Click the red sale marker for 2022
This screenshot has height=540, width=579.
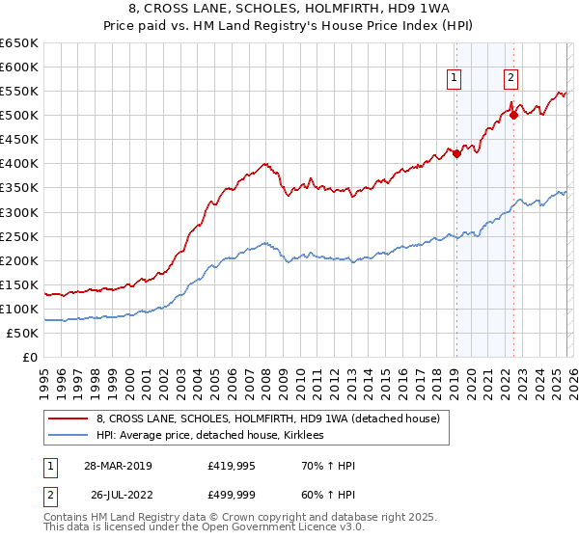[513, 115]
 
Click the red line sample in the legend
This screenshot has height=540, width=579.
[69, 418]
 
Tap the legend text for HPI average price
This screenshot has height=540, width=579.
[209, 436]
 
